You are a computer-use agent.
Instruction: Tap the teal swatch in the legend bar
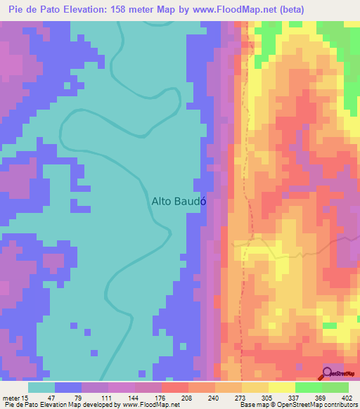41,387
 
